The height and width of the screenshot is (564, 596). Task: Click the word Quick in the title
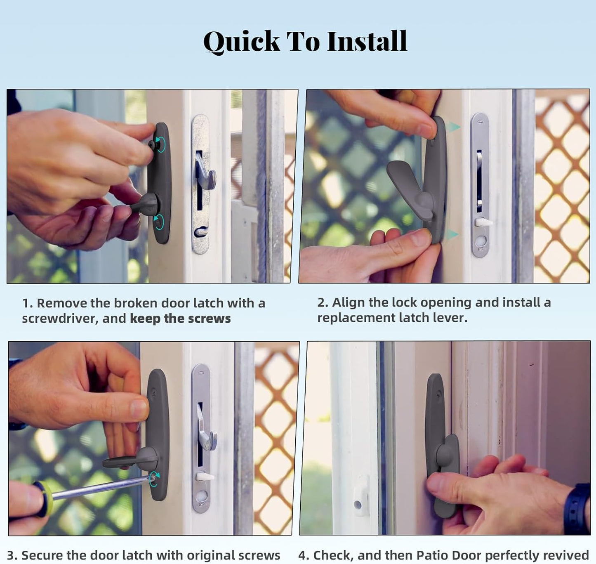(241, 41)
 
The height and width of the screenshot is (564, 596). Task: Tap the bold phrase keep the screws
(180, 319)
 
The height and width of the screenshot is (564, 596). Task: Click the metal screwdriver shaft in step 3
(99, 488)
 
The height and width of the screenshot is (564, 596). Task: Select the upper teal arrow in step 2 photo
(453, 127)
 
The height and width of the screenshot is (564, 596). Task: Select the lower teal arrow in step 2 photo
(452, 234)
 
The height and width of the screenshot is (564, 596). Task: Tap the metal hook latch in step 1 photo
(205, 172)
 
